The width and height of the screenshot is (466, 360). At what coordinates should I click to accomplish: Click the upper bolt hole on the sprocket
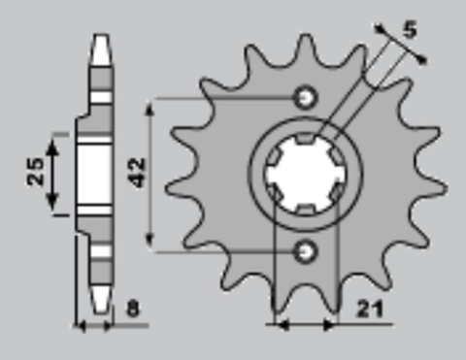[306, 96]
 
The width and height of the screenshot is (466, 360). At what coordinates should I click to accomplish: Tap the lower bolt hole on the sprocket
[306, 251]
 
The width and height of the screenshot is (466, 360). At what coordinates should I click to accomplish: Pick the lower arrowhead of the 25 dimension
[54, 211]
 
